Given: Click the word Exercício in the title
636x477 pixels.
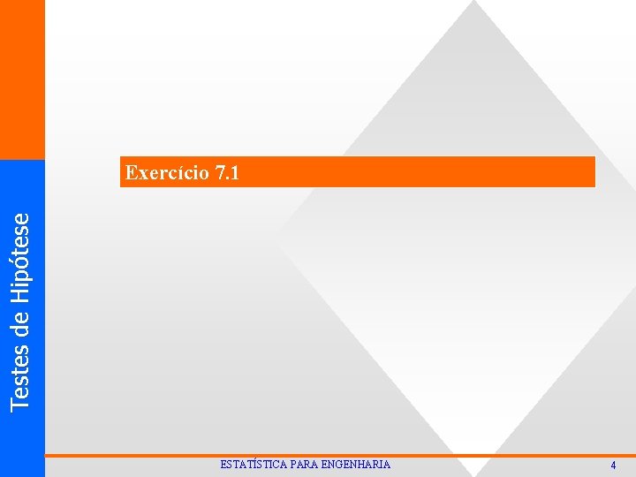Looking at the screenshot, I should click(166, 172).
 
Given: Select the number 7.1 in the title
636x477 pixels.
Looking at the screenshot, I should click(226, 172).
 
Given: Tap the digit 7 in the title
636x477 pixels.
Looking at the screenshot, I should click(219, 172).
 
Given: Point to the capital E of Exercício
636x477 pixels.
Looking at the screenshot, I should click(132, 172).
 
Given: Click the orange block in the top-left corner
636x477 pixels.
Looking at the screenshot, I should click(22, 79).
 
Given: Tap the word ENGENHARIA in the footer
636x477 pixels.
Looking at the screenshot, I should click(356, 465).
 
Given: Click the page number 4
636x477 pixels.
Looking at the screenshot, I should click(613, 466).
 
